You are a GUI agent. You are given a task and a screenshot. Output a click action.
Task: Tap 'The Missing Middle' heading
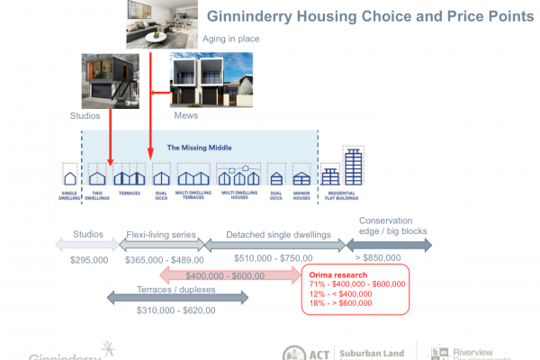tap(199, 147)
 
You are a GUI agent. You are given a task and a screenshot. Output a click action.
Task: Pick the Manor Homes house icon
tap(301, 176)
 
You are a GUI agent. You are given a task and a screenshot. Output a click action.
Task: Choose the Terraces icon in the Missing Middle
tap(129, 175)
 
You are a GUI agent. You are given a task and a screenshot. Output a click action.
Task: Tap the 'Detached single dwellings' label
tap(277, 234)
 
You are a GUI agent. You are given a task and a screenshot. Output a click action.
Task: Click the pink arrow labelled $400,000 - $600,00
tap(229, 275)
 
